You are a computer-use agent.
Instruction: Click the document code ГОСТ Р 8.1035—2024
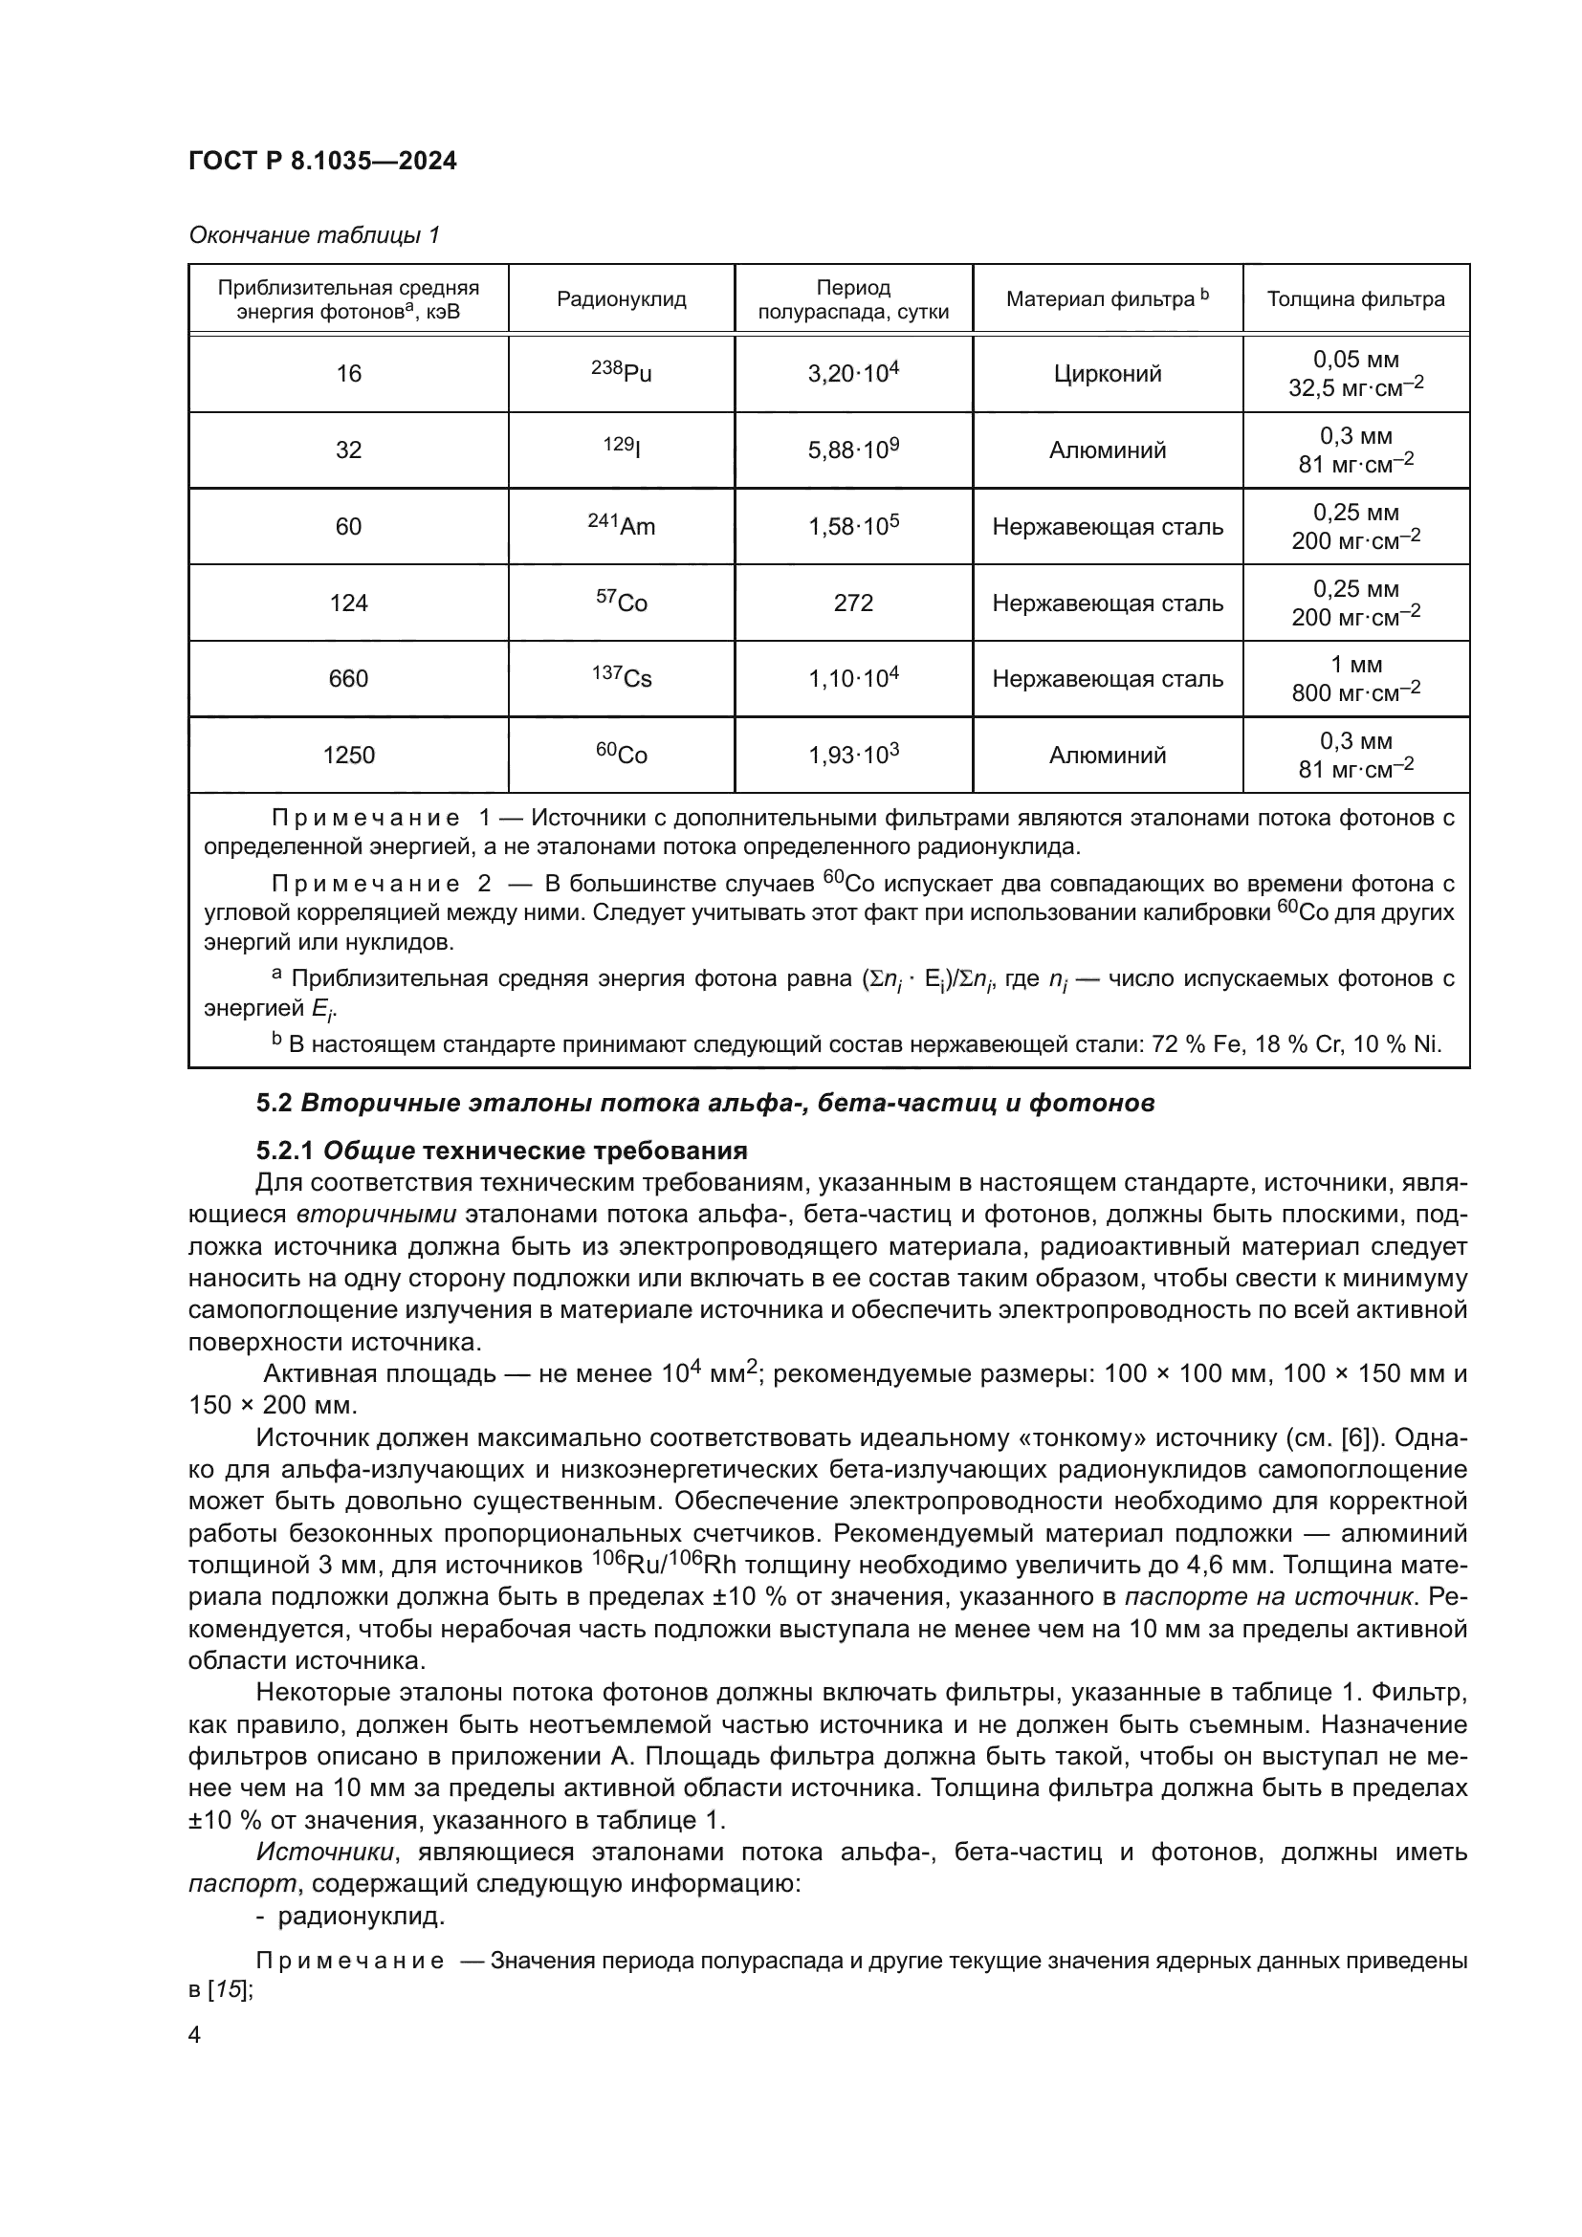pos(322,161)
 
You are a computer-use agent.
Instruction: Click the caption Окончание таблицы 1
pos(314,235)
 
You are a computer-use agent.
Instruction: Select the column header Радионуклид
pos(622,299)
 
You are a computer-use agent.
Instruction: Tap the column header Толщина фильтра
pos(1355,299)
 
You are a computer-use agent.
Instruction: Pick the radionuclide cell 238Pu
pos(622,373)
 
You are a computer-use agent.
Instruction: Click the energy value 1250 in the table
pos(349,756)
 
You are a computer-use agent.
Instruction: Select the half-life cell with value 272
pos(853,603)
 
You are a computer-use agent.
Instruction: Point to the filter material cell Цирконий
pos(1108,374)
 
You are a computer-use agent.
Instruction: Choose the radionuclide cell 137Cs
pos(622,678)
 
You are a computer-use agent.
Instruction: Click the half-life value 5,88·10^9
pos(853,450)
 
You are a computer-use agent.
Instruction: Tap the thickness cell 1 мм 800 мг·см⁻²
pos(1355,678)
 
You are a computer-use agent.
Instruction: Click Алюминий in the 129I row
pos(1108,450)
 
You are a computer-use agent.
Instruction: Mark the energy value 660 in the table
pos(349,679)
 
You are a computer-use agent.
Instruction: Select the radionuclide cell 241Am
pos(622,526)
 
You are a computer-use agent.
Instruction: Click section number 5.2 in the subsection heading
pos(274,1103)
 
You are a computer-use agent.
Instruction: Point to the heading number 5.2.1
pos(284,1151)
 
